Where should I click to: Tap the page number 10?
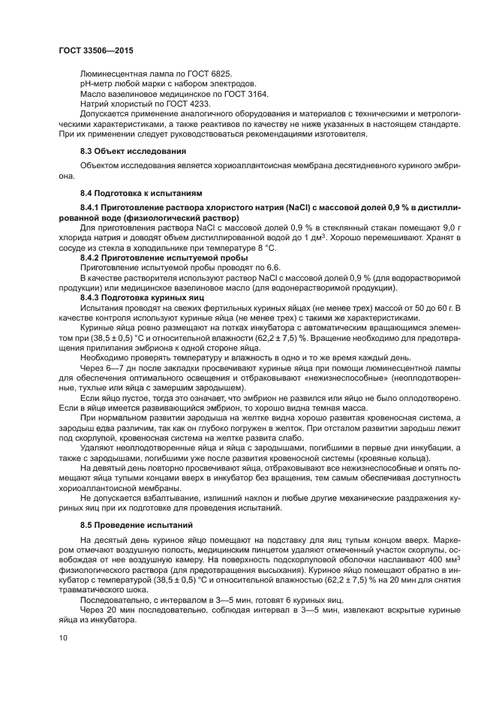63,638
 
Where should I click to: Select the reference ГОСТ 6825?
209,74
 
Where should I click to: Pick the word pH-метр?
95,83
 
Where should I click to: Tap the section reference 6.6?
271,267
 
